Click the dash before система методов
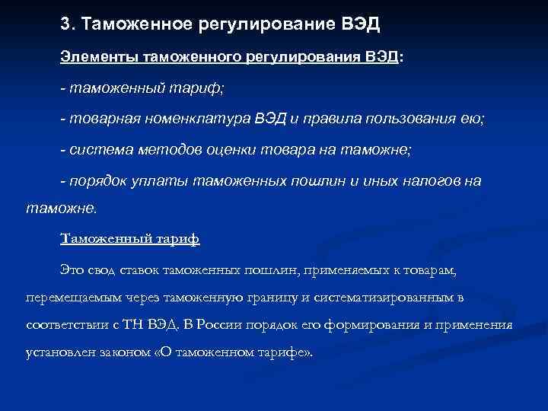64,150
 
